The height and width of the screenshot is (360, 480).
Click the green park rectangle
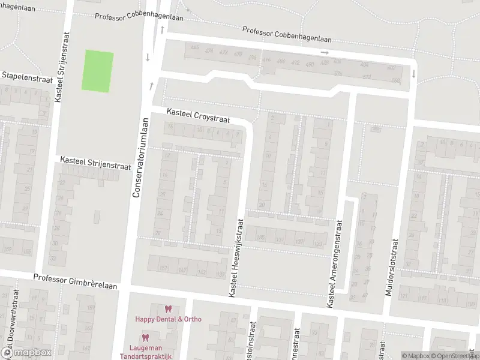[x=97, y=71]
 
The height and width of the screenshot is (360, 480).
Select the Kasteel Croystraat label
[x=198, y=116]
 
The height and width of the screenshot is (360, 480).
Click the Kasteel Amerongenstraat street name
[x=335, y=265]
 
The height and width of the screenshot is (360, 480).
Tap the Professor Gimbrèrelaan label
[x=75, y=278]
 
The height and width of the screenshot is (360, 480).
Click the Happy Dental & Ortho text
[x=168, y=319]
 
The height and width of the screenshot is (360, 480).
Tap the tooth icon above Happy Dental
[x=168, y=309]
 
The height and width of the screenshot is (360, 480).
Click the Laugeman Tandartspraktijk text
[x=150, y=352]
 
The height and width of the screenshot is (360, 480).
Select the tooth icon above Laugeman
[x=145, y=337]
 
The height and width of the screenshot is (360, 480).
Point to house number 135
[x=260, y=238]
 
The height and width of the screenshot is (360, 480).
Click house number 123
[x=318, y=243]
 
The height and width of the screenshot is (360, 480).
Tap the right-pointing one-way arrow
[x=325, y=53]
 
